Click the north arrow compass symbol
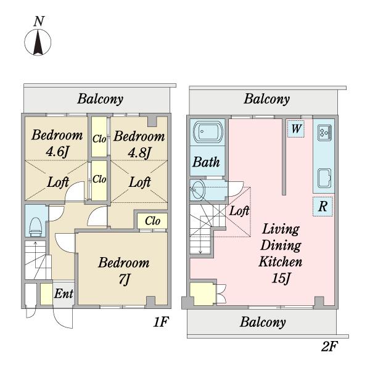38,43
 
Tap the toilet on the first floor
36,227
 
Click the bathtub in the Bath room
208,132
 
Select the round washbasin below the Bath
198,190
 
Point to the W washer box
296,129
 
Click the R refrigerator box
323,207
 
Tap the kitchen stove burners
324,133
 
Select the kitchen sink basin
324,178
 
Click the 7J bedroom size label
125,279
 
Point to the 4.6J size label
57,152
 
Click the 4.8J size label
139,152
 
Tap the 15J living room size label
281,278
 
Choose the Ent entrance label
64,294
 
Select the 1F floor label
161,322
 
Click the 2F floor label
329,346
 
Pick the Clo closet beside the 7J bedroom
152,221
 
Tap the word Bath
206,162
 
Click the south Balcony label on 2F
263,322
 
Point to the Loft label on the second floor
239,211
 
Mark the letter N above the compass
39,21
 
